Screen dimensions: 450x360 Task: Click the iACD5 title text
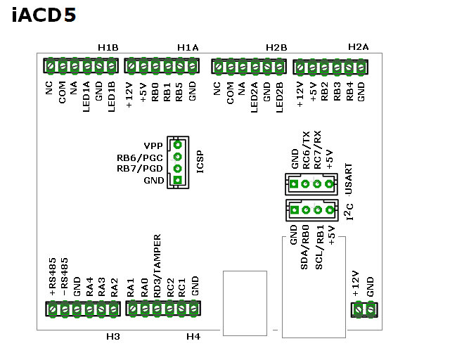pyautogui.click(x=44, y=15)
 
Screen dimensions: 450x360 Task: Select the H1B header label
pyautogui.click(x=108, y=47)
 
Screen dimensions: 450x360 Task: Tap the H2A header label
pyautogui.click(x=358, y=47)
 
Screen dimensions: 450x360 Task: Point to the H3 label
pyautogui.click(x=113, y=337)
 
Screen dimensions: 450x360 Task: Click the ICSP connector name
pyautogui.click(x=200, y=162)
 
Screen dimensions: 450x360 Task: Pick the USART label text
pyautogui.click(x=349, y=179)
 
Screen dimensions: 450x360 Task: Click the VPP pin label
pyautogui.click(x=153, y=146)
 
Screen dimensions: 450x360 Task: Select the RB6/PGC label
pyautogui.click(x=140, y=157)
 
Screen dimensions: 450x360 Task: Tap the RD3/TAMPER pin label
pyautogui.click(x=157, y=266)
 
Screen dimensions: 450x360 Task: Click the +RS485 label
pyautogui.click(x=53, y=277)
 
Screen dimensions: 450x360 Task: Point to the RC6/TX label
pyautogui.click(x=307, y=150)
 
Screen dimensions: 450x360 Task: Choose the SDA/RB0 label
pyautogui.click(x=304, y=247)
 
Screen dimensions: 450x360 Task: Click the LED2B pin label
pyautogui.click(x=280, y=97)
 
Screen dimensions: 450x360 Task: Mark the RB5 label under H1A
pyautogui.click(x=179, y=92)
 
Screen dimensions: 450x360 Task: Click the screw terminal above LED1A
pyautogui.click(x=87, y=66)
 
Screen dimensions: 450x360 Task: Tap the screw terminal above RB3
pyautogui.click(x=337, y=67)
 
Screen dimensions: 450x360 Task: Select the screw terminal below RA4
pyautogui.click(x=89, y=309)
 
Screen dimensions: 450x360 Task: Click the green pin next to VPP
pyautogui.click(x=178, y=145)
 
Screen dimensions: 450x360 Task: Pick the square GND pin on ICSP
pyautogui.click(x=178, y=180)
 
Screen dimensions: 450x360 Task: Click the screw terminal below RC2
pyautogui.click(x=169, y=309)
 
